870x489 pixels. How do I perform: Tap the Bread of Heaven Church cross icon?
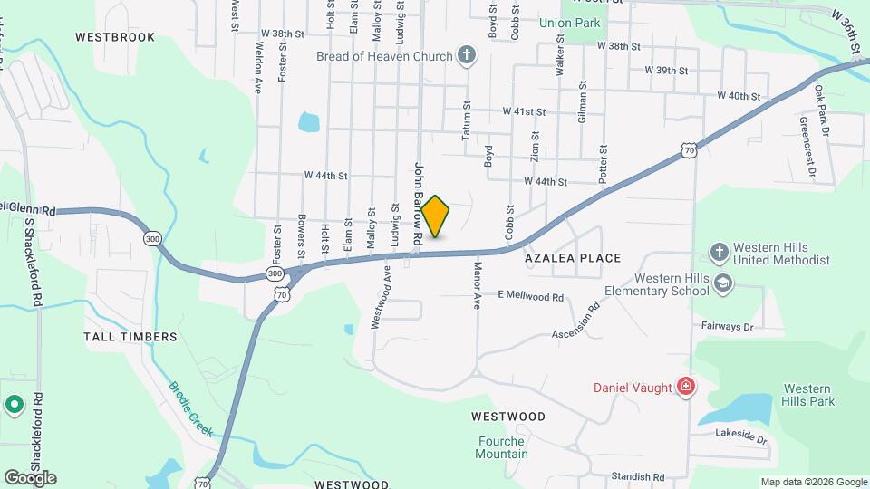pyautogui.click(x=467, y=57)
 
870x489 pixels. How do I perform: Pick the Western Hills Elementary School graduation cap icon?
pyautogui.click(x=722, y=283)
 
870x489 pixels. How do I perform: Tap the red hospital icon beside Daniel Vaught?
pyautogui.click(x=686, y=388)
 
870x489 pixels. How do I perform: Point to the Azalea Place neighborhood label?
pyautogui.click(x=573, y=258)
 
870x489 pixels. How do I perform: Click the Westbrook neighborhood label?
pyautogui.click(x=115, y=37)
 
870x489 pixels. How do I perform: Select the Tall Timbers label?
pyautogui.click(x=130, y=336)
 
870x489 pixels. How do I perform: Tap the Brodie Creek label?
pyautogui.click(x=190, y=409)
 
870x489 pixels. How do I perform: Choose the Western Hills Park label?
pyautogui.click(x=809, y=394)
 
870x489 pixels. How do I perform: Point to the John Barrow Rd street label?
pyautogui.click(x=419, y=202)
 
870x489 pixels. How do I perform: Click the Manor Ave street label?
pyautogui.click(x=477, y=286)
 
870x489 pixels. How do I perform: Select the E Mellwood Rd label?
pyautogui.click(x=530, y=296)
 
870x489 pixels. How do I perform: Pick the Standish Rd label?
pyautogui.click(x=637, y=476)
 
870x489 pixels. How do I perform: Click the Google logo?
pyautogui.click(x=30, y=477)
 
